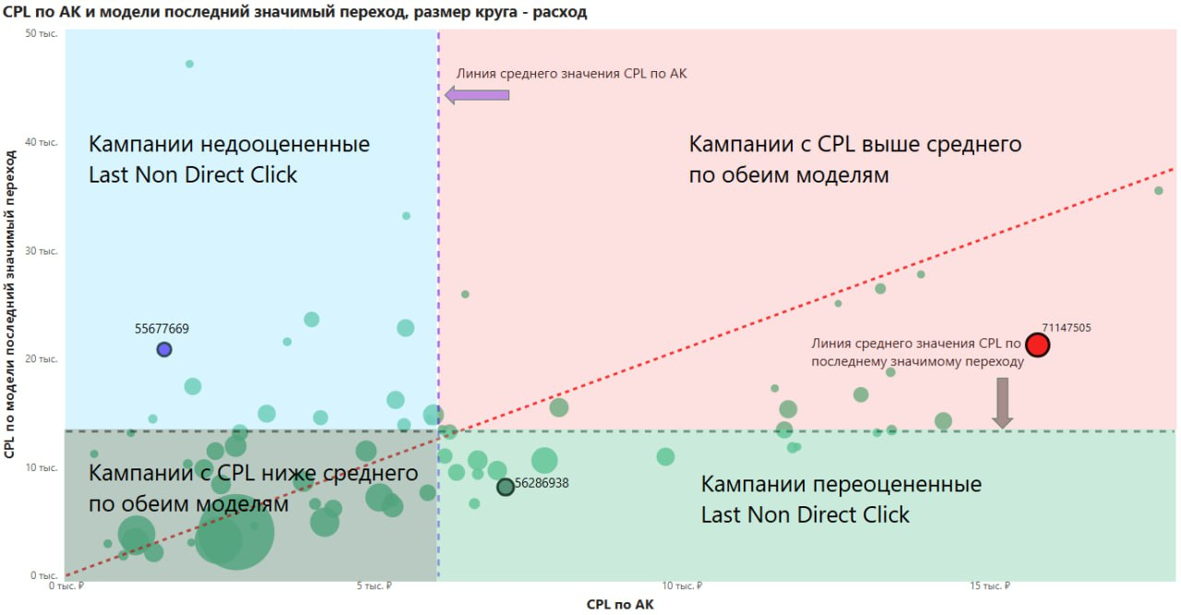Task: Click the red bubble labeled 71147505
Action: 1038,345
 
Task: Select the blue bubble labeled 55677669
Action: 164,349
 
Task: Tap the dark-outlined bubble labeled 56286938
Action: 506,487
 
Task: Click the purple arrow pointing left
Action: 477,94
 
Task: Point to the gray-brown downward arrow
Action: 1003,403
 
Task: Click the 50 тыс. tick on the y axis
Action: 42,33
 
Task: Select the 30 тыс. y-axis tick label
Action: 42,250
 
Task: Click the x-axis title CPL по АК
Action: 620,605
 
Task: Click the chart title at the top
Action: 295,13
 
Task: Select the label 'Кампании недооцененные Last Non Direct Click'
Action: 229,160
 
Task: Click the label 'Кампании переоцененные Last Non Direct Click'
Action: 841,499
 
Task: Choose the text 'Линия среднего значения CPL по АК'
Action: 572,74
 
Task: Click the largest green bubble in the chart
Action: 234,532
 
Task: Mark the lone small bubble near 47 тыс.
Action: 189,64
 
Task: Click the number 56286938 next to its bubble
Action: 542,482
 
